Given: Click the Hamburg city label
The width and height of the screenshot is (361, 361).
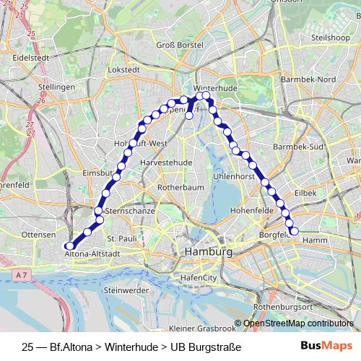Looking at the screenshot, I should (x=209, y=253).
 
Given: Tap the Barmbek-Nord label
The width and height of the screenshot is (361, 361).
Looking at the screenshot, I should (x=308, y=79).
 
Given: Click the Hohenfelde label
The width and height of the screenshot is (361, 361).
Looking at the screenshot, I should (x=248, y=211).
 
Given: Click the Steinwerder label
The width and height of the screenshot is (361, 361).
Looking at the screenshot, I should (x=126, y=290).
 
